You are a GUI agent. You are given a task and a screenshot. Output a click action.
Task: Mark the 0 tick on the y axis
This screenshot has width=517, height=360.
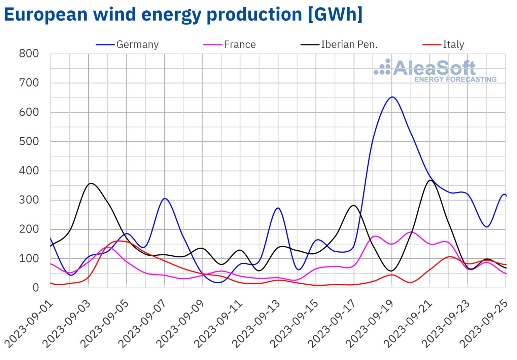click(35, 288)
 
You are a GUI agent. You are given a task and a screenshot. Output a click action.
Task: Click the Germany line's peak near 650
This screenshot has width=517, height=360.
click(392, 97)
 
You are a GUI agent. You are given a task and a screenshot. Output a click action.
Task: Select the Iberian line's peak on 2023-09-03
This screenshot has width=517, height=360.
click(91, 183)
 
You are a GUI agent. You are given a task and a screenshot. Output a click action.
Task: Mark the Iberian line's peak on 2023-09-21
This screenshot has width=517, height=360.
click(430, 180)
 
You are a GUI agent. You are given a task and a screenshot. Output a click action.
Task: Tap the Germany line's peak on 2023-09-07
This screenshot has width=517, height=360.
click(165, 199)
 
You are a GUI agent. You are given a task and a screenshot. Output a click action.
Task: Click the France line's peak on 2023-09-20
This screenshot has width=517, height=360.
click(411, 232)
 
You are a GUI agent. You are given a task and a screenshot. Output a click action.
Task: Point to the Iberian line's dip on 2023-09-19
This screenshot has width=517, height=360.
click(391, 271)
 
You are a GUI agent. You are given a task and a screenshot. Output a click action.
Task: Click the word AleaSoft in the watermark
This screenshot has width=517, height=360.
click(434, 68)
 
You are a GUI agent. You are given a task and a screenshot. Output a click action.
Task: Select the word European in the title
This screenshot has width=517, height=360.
click(45, 14)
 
